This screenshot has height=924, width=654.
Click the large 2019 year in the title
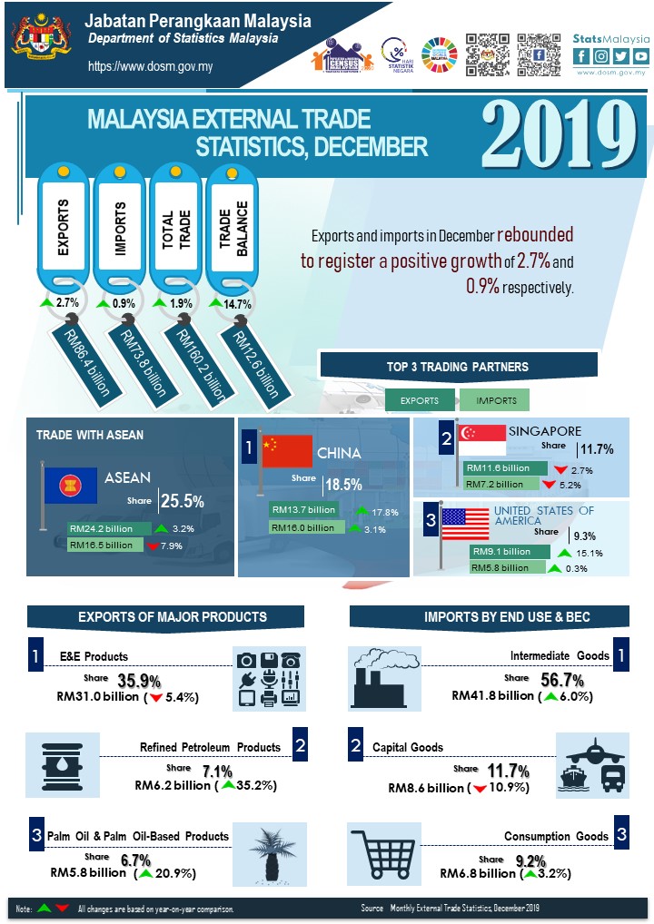coord(559,133)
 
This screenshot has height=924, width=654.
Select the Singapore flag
coord(481,438)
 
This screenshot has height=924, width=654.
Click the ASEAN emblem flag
coord(69,487)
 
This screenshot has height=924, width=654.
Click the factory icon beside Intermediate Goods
coord(385,677)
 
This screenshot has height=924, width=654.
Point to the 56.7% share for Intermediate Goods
coord(562,680)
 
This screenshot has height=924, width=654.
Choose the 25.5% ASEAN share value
coord(182,500)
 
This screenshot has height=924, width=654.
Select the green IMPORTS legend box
coord(494,400)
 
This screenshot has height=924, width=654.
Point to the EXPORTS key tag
coord(64,231)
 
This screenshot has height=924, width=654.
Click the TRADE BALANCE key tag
coord(234,231)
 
